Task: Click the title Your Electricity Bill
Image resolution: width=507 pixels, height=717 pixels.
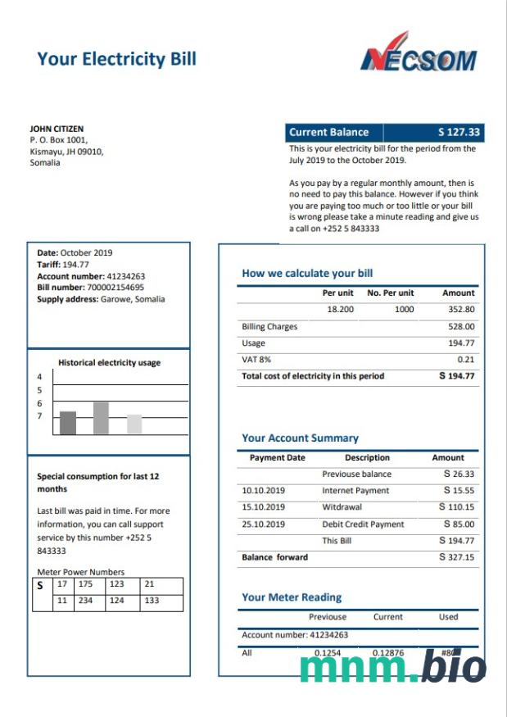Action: click(116, 58)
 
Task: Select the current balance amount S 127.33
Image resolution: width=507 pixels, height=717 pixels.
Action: click(459, 132)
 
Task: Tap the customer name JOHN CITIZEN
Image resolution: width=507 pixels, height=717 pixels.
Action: click(57, 129)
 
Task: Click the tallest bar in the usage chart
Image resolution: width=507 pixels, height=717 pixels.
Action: click(101, 418)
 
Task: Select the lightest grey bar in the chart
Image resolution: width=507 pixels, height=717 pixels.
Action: click(134, 424)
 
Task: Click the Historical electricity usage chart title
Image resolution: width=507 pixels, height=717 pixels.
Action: click(109, 362)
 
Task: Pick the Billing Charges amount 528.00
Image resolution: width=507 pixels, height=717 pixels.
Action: click(461, 327)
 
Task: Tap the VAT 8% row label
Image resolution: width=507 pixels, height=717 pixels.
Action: click(256, 360)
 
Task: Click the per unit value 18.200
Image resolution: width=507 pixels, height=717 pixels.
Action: click(340, 310)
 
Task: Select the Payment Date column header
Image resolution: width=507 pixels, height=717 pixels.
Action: click(277, 457)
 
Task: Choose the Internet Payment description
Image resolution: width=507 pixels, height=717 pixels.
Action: click(356, 491)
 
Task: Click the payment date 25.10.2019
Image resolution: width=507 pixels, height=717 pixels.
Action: click(263, 524)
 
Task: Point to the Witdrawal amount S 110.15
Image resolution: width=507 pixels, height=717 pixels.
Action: click(456, 507)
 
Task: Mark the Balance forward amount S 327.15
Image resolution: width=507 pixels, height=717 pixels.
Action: click(456, 557)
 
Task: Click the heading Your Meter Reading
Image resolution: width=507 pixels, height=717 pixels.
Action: click(292, 597)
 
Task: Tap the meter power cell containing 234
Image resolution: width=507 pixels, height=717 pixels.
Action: click(85, 601)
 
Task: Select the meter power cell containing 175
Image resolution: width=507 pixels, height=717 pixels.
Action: click(85, 584)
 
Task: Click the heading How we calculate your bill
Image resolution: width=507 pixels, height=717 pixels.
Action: click(307, 274)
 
